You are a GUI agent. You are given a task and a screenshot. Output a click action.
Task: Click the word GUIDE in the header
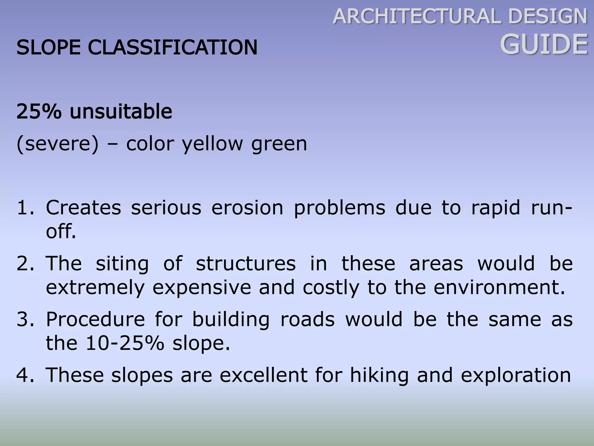[x=544, y=44]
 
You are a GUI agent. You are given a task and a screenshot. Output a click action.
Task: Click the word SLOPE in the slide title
[x=48, y=47]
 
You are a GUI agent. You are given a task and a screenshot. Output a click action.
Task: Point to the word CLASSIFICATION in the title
[x=173, y=47]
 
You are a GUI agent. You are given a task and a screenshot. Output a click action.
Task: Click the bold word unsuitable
[x=121, y=111]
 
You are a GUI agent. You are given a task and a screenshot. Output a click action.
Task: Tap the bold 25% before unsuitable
[x=39, y=111]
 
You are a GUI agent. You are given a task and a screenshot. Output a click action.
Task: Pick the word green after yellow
[x=279, y=144]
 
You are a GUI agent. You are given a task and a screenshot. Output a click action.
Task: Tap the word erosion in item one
[x=247, y=208]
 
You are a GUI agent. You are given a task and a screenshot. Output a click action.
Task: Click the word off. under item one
[x=61, y=232]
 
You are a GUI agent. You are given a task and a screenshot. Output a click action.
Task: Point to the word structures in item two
[x=246, y=264]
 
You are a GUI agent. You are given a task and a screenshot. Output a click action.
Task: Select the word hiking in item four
[x=379, y=375]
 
